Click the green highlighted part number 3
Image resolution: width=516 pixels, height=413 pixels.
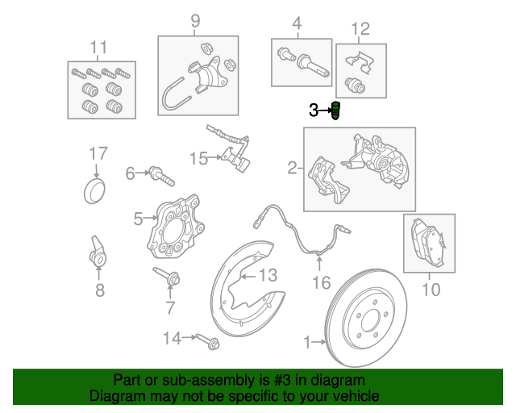coord(335,111)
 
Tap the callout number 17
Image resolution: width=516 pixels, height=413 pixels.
coord(98,153)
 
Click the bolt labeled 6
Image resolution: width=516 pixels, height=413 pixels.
coord(161,176)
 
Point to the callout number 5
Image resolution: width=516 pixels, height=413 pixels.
coord(138,219)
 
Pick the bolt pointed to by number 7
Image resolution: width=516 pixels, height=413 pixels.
coord(167,277)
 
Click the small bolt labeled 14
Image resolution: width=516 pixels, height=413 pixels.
coord(208,342)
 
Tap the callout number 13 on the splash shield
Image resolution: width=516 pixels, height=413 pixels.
coord(268,275)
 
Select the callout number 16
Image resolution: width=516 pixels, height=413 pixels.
coord(321,283)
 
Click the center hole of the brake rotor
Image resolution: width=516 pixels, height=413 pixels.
coord(371,322)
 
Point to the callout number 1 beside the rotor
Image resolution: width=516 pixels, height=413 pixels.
coord(306,343)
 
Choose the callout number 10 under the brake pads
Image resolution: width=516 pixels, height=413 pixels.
coord(431,290)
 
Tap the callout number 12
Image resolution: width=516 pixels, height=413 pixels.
coord(360,29)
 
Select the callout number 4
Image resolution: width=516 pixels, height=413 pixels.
coord(297,23)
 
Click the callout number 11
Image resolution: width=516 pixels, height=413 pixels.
coord(98,48)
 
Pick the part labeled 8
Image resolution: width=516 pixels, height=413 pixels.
coord(98,252)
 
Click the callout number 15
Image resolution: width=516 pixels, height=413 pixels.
coord(199,159)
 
